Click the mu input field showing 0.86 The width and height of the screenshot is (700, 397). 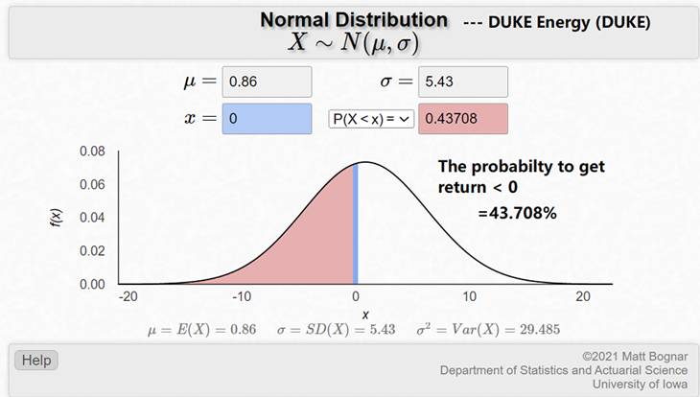pyautogui.click(x=267, y=82)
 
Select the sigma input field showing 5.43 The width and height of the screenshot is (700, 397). pyautogui.click(x=463, y=82)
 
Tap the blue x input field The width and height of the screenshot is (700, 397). pyautogui.click(x=267, y=119)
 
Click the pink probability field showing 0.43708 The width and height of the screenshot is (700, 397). pyautogui.click(x=463, y=119)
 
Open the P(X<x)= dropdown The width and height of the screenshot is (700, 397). pyautogui.click(x=371, y=119)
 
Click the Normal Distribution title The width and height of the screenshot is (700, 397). pyautogui.click(x=354, y=20)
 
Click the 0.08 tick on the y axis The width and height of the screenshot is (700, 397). pyautogui.click(x=92, y=152)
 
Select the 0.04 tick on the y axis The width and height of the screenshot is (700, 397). pyautogui.click(x=92, y=218)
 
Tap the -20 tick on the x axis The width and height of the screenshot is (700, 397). pyautogui.click(x=128, y=296)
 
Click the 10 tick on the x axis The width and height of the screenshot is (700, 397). pyautogui.click(x=469, y=296)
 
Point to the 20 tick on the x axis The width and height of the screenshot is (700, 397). pyautogui.click(x=583, y=296)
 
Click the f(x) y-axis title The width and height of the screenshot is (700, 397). pyautogui.click(x=57, y=218)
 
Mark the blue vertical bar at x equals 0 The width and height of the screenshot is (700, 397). pyautogui.click(x=356, y=223)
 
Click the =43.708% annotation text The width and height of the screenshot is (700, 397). pyautogui.click(x=518, y=213)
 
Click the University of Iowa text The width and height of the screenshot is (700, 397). pyautogui.click(x=641, y=384)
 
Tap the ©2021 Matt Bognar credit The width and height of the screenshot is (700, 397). pyautogui.click(x=635, y=357)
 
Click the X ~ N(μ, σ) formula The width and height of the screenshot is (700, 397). pyautogui.click(x=354, y=43)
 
